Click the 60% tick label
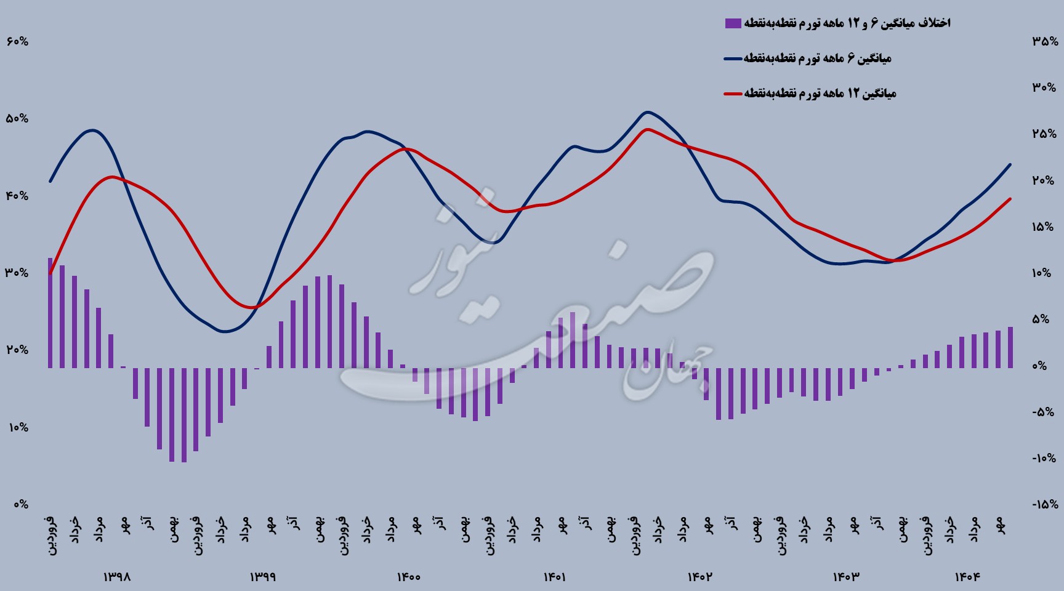[17, 42]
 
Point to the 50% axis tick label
[17, 119]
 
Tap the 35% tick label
[1045, 42]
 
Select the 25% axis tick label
[1045, 134]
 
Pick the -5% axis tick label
[1045, 412]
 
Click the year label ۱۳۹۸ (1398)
[117, 577]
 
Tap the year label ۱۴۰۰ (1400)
[408, 577]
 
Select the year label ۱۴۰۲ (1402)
[700, 577]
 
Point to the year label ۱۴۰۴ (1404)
[967, 577]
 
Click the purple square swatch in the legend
[733, 23]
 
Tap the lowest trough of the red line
[252, 307]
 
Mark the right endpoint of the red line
[1010, 199]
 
